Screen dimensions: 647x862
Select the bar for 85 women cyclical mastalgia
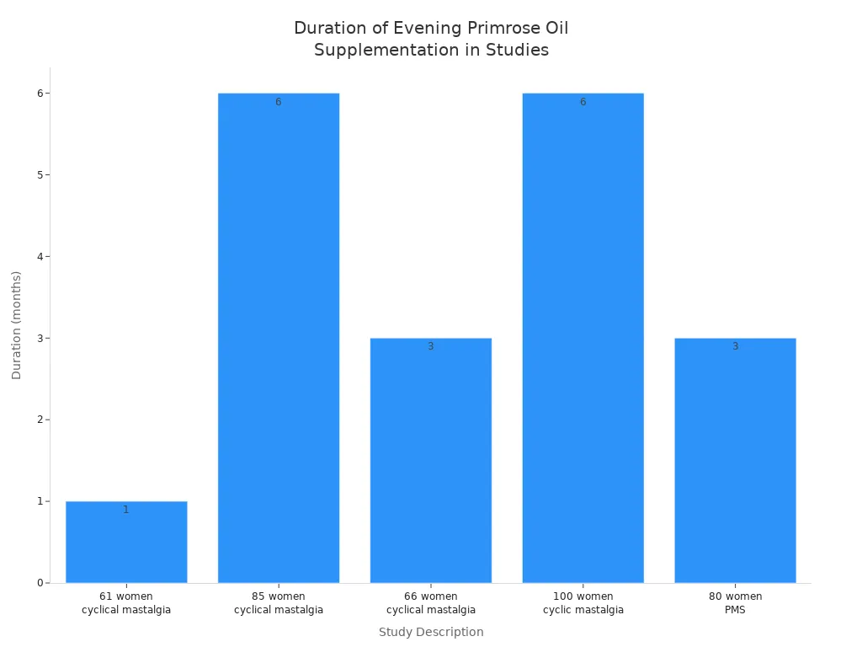279,337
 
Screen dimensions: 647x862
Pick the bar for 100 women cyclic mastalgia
583,337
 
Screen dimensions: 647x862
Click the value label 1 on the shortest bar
126,510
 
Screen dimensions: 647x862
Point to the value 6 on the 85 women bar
279,102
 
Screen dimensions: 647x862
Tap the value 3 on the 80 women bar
735,346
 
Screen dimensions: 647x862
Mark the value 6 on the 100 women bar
583,102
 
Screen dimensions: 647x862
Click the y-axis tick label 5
40,175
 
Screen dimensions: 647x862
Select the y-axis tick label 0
40,583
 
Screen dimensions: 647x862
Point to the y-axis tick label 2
40,420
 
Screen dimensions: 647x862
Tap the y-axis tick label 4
40,256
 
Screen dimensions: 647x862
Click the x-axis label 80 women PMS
735,603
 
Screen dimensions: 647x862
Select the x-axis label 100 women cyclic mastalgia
583,603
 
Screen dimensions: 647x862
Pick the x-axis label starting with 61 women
126,603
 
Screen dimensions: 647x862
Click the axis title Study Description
431,632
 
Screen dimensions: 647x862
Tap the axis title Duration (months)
17,325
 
